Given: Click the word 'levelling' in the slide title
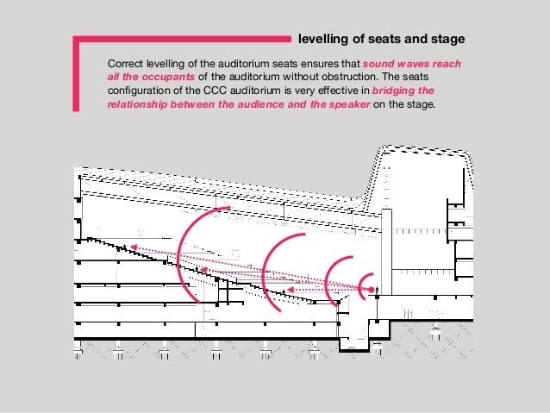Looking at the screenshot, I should point(322,40).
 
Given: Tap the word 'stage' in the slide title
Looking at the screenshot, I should point(447,40).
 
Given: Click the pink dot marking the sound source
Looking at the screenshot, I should point(372,291).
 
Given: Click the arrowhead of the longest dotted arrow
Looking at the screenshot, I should point(133,247).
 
